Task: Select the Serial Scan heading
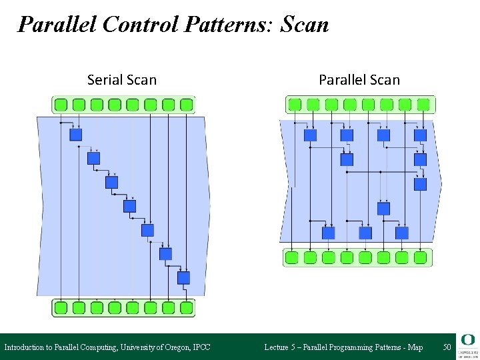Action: (x=122, y=80)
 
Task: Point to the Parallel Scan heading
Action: (x=359, y=80)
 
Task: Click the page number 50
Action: (x=447, y=347)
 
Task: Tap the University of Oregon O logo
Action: (x=466, y=341)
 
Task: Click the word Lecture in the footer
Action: (x=277, y=347)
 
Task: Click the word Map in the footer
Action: (x=415, y=347)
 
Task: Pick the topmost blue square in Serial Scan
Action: (x=76, y=135)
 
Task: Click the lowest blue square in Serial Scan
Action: (x=183, y=277)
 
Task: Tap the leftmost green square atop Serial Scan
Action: (x=61, y=105)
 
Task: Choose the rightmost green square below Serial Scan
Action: (x=186, y=307)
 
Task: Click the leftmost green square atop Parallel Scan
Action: (x=295, y=105)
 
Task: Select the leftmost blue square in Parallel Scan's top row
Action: (x=310, y=135)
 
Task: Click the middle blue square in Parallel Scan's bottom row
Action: (x=365, y=233)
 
